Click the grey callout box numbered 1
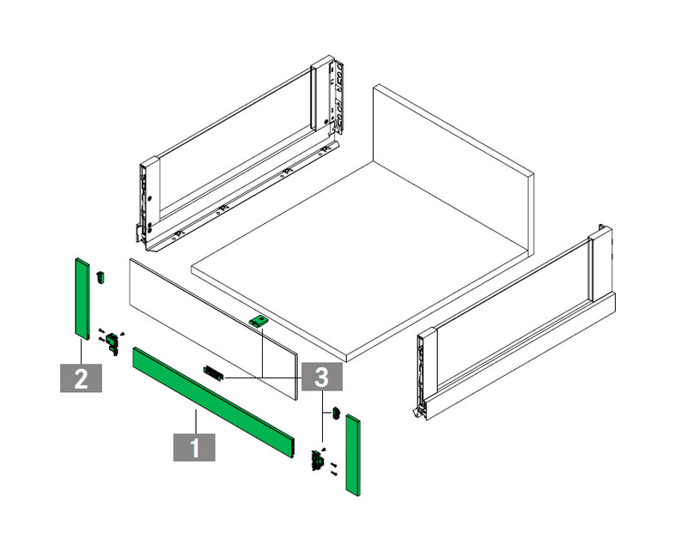pyautogui.click(x=194, y=447)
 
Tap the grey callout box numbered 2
pyautogui.click(x=81, y=378)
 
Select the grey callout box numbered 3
pyautogui.click(x=321, y=377)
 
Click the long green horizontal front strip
pyautogui.click(x=213, y=403)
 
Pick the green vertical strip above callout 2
pyautogui.click(x=82, y=299)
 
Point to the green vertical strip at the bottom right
pyautogui.click(x=353, y=456)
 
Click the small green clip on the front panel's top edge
pyautogui.click(x=258, y=322)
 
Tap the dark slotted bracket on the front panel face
pyautogui.click(x=213, y=373)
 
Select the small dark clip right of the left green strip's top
pyautogui.click(x=100, y=278)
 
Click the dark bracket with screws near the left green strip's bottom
pyautogui.click(x=112, y=342)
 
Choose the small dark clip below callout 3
pyautogui.click(x=337, y=414)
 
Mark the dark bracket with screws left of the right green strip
pyautogui.click(x=322, y=461)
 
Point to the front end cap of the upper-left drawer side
pyautogui.click(x=148, y=202)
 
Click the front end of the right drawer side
pyautogui.click(x=425, y=372)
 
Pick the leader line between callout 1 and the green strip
pyautogui.click(x=195, y=420)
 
